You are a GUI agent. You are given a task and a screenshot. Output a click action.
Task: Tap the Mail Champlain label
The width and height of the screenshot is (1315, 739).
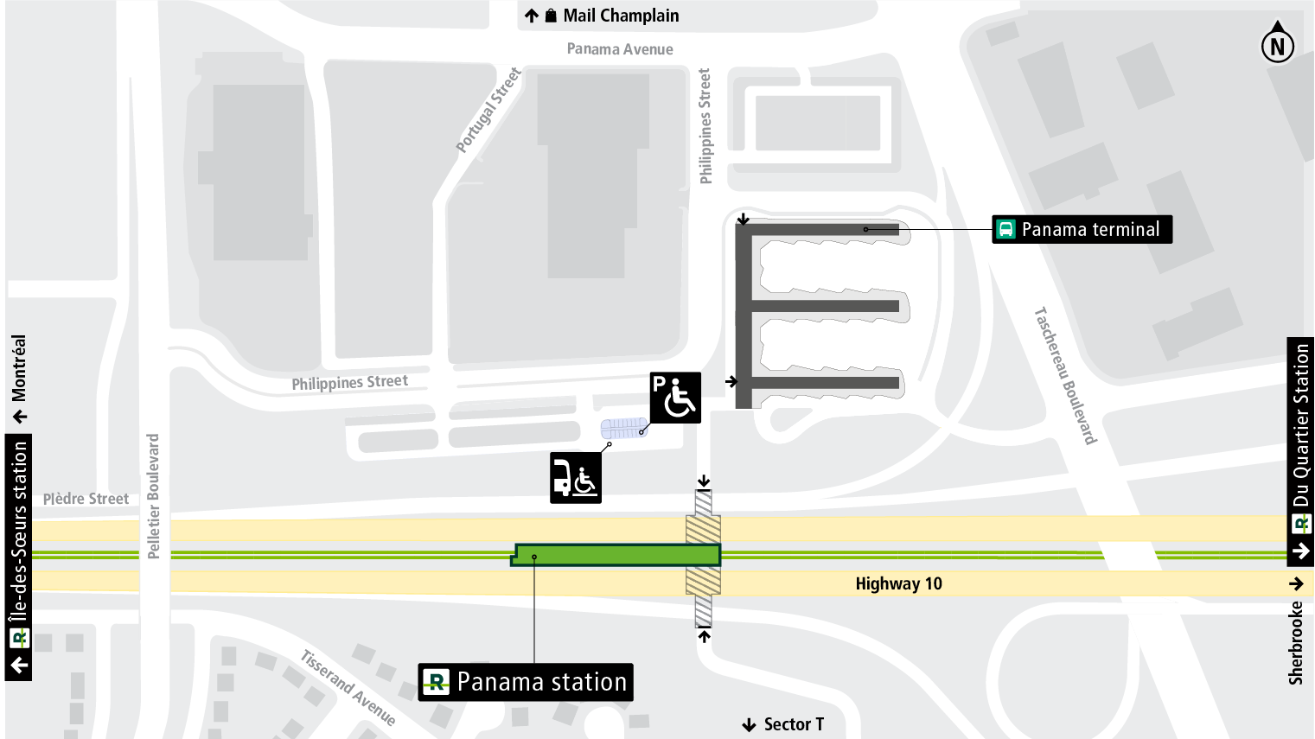pos(620,16)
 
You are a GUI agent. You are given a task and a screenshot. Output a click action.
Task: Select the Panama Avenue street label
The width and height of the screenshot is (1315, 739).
pos(620,49)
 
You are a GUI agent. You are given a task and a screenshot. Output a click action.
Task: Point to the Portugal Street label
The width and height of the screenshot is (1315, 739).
pos(488,111)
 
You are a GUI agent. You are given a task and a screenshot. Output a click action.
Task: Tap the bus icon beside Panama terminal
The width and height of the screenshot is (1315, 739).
pos(1005,229)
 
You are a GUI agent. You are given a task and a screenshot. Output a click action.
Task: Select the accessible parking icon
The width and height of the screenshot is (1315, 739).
pos(675,398)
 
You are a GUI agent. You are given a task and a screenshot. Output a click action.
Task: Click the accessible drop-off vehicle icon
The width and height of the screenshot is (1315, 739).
pos(576,478)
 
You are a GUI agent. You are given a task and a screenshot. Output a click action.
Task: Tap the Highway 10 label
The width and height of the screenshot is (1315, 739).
pos(898,583)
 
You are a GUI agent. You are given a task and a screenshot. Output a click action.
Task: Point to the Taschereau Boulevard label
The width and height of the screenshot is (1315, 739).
pos(1065,376)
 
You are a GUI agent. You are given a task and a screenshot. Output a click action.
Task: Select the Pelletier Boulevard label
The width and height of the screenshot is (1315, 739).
pos(153,496)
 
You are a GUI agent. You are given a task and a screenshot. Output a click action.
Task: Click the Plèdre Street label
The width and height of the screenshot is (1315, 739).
pos(86,499)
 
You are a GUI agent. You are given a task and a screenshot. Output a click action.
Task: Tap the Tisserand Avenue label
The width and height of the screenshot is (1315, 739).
pos(348,688)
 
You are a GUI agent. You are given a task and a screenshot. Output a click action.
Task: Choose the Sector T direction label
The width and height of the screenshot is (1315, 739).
pos(793,724)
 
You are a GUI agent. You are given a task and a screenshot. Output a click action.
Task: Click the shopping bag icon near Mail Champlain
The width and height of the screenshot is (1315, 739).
pos(551,16)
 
